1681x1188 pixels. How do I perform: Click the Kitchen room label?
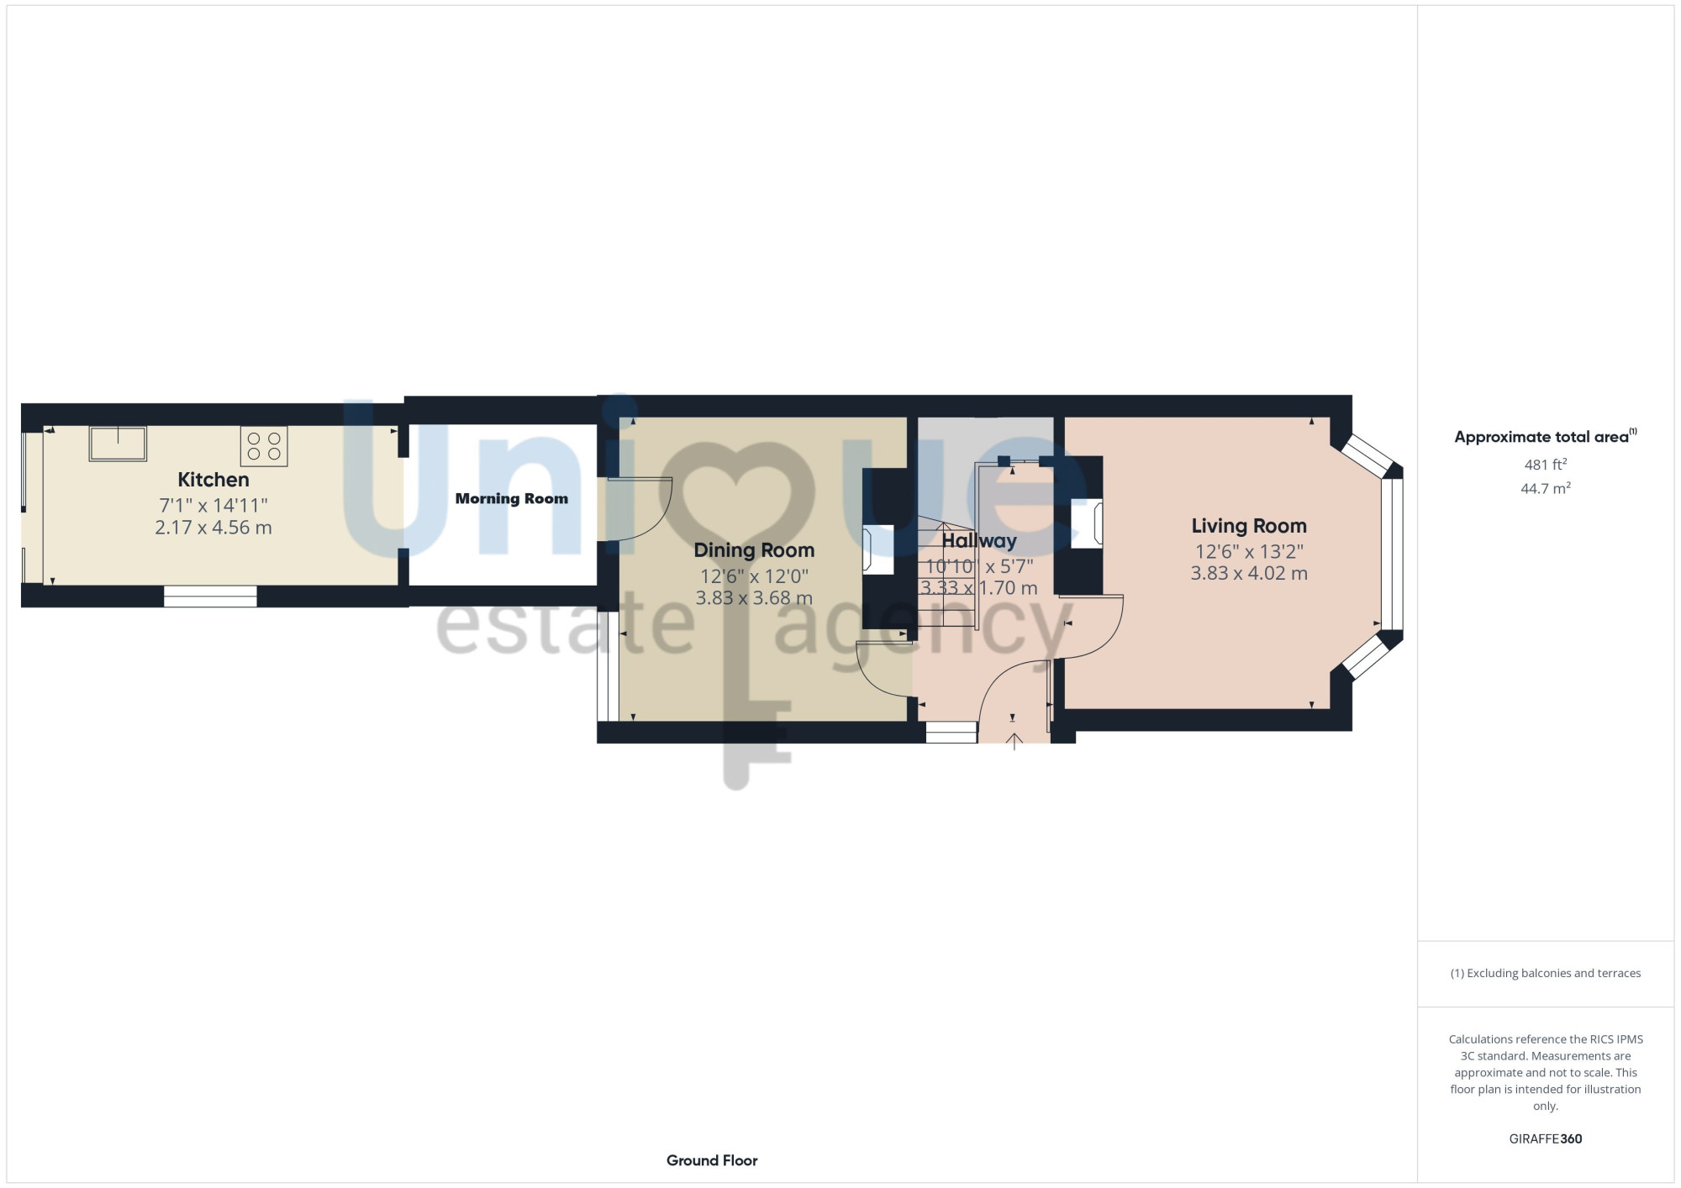coord(213,480)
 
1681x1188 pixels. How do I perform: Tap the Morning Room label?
coord(512,498)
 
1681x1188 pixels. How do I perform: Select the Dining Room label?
coord(754,550)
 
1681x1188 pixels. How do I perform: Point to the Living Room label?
coord(1249,526)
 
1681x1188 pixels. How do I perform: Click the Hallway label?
coord(979,541)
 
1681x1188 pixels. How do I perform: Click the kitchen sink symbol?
coord(118,444)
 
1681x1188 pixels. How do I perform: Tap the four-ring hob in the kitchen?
coord(264,446)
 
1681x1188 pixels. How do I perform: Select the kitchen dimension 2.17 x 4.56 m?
coord(213,528)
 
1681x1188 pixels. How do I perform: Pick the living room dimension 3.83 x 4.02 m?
coord(1249,573)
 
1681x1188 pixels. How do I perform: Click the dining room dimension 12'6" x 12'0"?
coord(754,576)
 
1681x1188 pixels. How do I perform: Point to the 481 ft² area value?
coord(1546,464)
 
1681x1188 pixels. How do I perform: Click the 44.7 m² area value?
coord(1546,488)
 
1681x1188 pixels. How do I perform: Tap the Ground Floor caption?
coord(712,1160)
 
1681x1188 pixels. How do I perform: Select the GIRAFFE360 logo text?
coord(1546,1139)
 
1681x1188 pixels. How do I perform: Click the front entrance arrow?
coord(1014,741)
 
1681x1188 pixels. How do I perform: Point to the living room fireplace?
coord(1086,524)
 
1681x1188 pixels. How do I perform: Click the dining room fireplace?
coord(878,549)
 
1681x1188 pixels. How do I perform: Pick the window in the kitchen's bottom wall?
coord(210,596)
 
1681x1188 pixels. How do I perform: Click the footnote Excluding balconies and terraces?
coord(1546,973)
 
